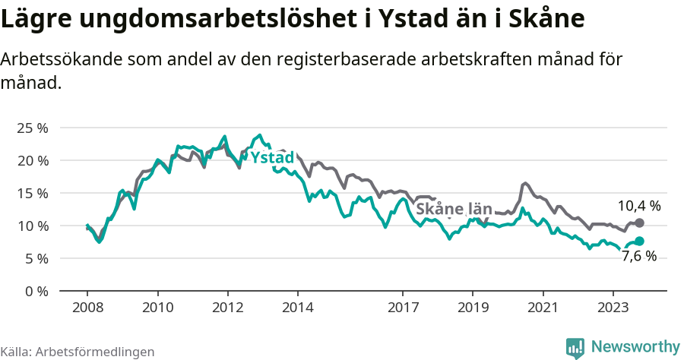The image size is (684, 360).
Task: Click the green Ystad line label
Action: click(272, 158)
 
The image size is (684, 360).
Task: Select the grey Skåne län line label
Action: click(454, 209)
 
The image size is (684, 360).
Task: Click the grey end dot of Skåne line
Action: click(639, 223)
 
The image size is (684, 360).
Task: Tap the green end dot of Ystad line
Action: click(639, 241)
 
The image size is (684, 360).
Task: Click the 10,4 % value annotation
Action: click(638, 205)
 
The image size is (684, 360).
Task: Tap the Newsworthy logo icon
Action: click(575, 347)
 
